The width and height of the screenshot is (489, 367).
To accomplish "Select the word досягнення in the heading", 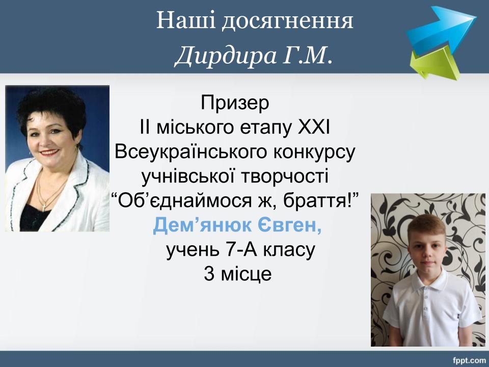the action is pyautogui.click(x=287, y=22).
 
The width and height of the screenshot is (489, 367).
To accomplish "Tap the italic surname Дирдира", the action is pyautogui.click(x=226, y=57).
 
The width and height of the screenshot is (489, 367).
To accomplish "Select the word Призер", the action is pyautogui.click(x=235, y=103).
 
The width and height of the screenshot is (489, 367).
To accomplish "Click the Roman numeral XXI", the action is pyautogui.click(x=314, y=127).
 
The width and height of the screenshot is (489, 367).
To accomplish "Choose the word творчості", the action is pyautogui.click(x=285, y=176).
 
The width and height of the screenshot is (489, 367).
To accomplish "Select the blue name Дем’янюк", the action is pyautogui.click(x=202, y=225).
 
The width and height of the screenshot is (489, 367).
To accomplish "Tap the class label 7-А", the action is pyautogui.click(x=241, y=250).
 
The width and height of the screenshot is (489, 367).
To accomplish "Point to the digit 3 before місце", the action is pyautogui.click(x=209, y=274).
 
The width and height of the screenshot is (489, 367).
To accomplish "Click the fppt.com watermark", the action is pyautogui.click(x=469, y=361).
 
